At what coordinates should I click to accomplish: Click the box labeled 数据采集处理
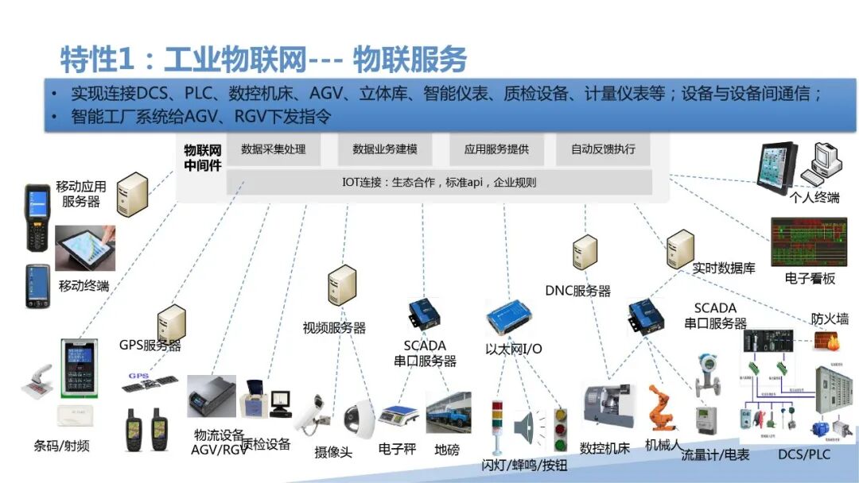click(273, 149)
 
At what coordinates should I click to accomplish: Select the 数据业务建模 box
click(385, 149)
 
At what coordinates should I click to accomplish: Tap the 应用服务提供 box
click(496, 149)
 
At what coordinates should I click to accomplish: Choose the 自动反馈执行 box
click(603, 149)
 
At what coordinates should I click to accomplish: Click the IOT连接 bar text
click(439, 182)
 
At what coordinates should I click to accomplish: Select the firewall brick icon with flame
click(826, 341)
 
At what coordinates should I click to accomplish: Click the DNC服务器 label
click(578, 291)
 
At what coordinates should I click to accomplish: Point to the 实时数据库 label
click(724, 269)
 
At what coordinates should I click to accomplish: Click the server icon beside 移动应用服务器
click(133, 195)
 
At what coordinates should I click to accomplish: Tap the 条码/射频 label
click(62, 446)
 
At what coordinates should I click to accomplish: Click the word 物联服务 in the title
click(410, 60)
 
